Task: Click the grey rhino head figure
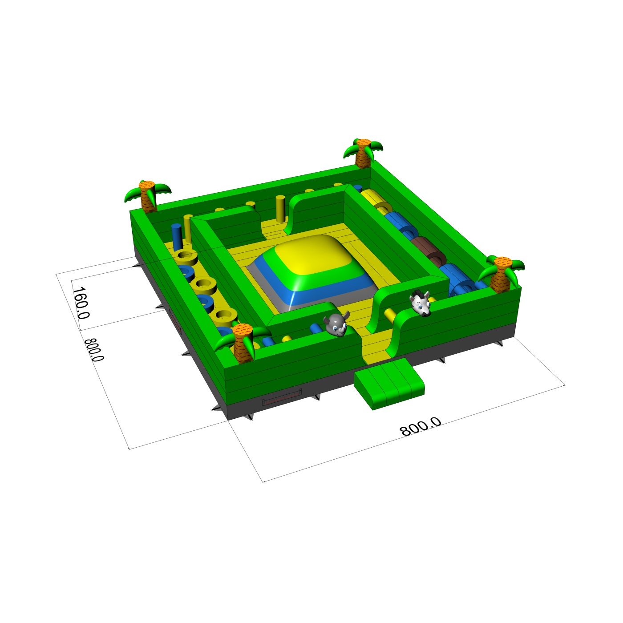pyautogui.click(x=336, y=324)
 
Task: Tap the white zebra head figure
pyautogui.click(x=421, y=303)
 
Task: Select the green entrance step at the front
pyautogui.click(x=389, y=383)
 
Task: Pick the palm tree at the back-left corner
pyautogui.click(x=148, y=196)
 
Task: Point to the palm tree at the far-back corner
pyautogui.click(x=363, y=153)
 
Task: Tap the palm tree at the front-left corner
pyautogui.click(x=243, y=342)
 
